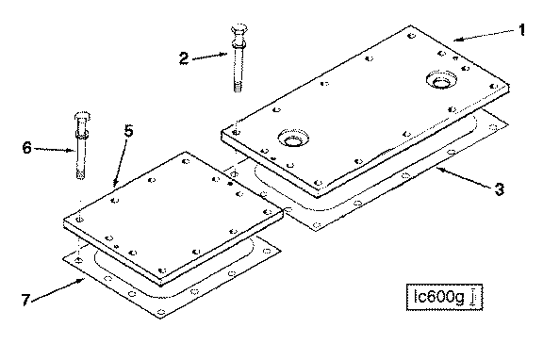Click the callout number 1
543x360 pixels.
(521, 30)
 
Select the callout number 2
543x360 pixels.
(184, 58)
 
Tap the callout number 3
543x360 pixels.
(499, 189)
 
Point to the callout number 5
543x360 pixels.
(128, 131)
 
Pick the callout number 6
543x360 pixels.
(27, 148)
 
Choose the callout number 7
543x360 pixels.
(25, 300)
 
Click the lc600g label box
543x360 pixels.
(444, 297)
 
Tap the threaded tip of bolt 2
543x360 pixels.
(238, 87)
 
